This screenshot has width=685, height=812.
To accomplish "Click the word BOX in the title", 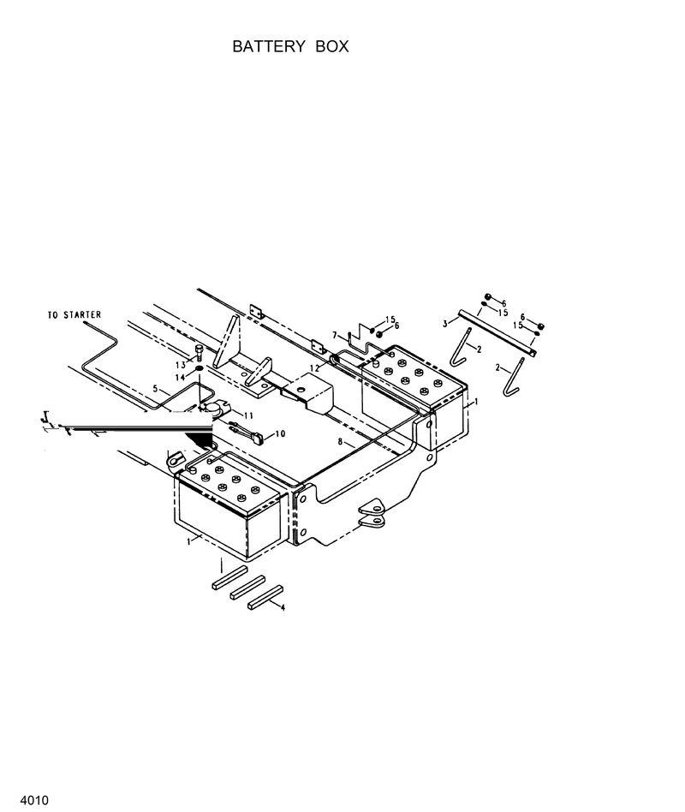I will click(x=331, y=46).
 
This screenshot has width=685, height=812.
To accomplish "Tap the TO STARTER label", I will click(x=74, y=315).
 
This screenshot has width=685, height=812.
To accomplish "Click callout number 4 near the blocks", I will click(x=283, y=607).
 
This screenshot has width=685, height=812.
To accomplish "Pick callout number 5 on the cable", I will click(x=155, y=389).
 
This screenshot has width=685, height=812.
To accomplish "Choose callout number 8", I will click(x=340, y=443).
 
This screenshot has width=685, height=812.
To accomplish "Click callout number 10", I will click(x=280, y=434).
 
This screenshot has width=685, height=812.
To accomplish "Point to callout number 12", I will click(x=315, y=368).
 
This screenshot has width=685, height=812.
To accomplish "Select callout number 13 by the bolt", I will click(x=182, y=365).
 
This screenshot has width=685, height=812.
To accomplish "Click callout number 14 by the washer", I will click(x=182, y=377).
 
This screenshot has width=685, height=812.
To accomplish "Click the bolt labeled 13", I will click(x=200, y=351).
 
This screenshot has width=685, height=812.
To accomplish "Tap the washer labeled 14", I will click(x=199, y=368).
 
